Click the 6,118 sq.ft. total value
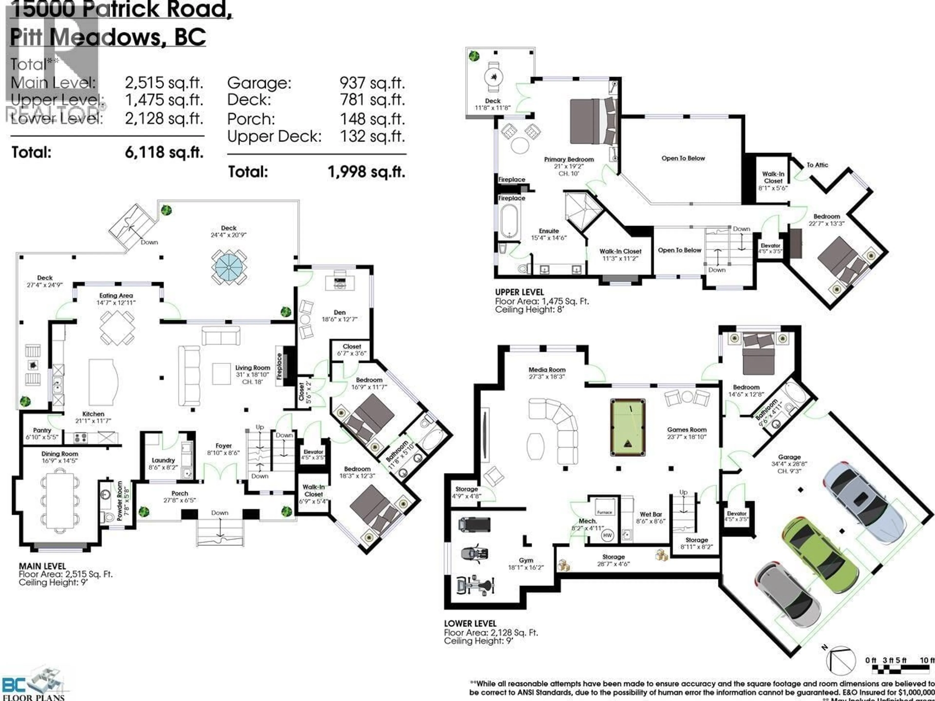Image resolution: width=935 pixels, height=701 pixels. pyautogui.click(x=164, y=152)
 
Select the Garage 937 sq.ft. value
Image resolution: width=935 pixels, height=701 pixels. pyautogui.click(x=372, y=83)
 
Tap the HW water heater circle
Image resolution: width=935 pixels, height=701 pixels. pyautogui.click(x=607, y=535)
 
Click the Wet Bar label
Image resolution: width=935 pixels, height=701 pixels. pyautogui.click(x=651, y=514)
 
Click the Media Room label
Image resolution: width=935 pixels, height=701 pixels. pyautogui.click(x=547, y=370)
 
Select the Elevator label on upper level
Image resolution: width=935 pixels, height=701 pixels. pyautogui.click(x=770, y=246)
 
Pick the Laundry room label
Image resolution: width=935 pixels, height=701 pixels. pyautogui.click(x=163, y=460)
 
